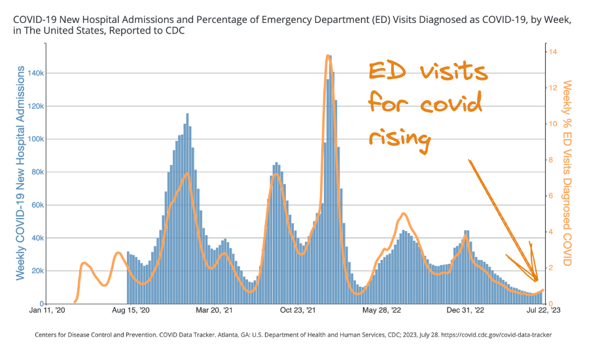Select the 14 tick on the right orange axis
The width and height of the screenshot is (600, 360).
[553, 52]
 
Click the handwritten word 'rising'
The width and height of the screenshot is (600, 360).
[400, 138]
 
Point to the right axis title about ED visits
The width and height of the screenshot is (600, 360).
[568, 173]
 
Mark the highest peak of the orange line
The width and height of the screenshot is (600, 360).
[327, 56]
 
